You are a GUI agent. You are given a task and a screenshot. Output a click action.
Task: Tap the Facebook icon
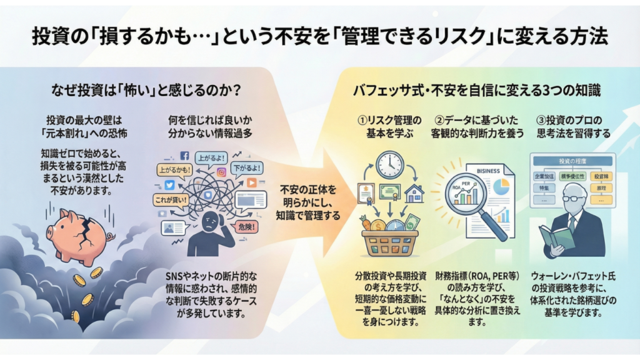(x=185, y=156)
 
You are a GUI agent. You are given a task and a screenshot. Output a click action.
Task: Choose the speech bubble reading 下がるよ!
(x=246, y=169)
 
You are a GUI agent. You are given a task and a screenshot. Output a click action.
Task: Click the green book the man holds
(x=556, y=237)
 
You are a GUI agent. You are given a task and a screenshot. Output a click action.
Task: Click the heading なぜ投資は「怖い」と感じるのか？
(x=147, y=91)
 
